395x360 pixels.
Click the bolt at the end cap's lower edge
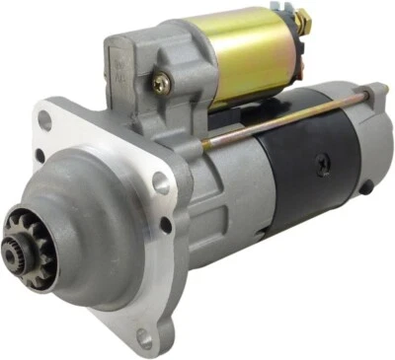tap(365, 185)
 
